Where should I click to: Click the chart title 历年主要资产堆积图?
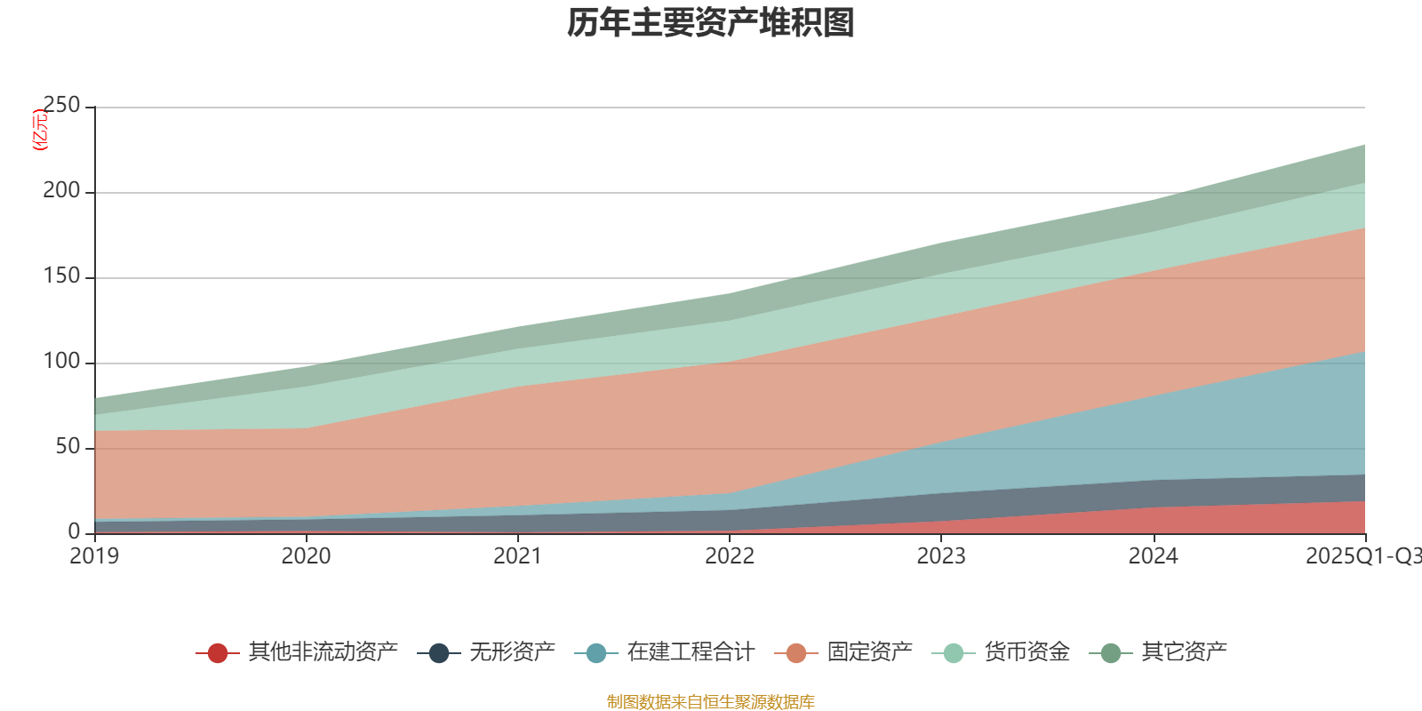(711, 24)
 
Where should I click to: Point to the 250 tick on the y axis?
(61, 106)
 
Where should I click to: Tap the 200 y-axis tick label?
(61, 191)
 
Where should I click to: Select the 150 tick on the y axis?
(61, 276)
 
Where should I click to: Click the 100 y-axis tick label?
(61, 362)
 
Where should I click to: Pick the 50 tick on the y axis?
(67, 447)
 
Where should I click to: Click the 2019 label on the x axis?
(95, 556)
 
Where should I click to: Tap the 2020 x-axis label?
(307, 556)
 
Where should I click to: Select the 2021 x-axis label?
(518, 556)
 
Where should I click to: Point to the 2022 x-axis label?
(730, 556)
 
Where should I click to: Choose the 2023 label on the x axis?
(941, 556)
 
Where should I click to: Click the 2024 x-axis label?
(1153, 556)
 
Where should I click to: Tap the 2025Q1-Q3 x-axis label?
(1362, 556)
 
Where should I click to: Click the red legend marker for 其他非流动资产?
(218, 653)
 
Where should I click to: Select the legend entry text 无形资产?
(512, 652)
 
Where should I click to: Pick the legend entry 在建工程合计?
(690, 652)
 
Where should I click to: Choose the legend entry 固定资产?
(869, 652)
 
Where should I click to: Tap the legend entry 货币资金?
(1027, 652)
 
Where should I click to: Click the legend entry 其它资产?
(1184, 652)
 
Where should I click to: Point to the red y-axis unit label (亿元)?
(40, 131)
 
